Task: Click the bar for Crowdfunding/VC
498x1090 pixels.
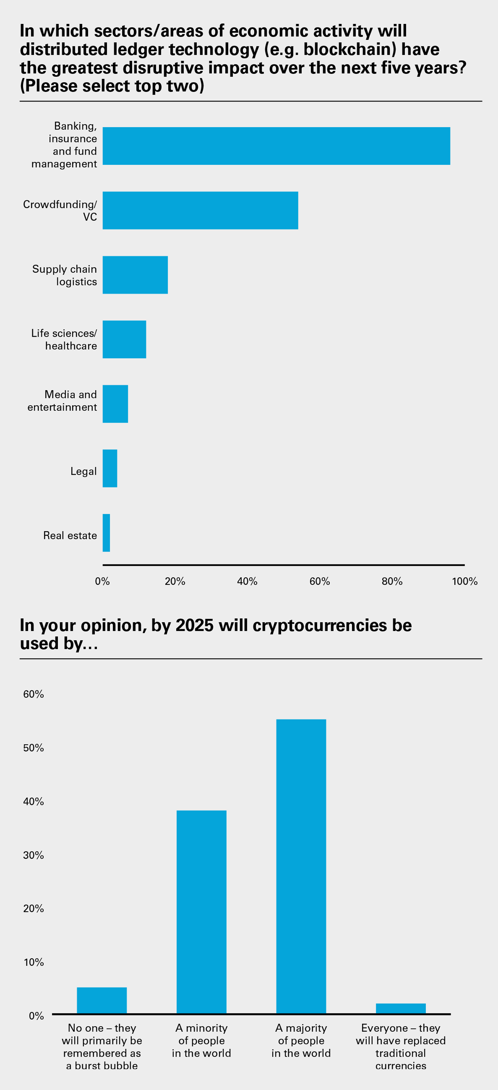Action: [200, 210]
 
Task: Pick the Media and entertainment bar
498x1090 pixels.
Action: [115, 404]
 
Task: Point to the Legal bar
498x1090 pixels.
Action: [110, 468]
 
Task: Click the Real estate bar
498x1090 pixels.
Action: [106, 533]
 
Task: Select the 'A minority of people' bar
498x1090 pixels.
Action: [201, 912]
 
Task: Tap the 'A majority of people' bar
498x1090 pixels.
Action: [301, 866]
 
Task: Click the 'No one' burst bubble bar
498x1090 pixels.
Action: [101, 1000]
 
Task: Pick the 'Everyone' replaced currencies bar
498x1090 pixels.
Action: [401, 1008]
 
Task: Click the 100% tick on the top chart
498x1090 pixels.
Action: [464, 581]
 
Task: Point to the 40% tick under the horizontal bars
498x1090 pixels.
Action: [247, 581]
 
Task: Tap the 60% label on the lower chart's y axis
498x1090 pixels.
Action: [33, 694]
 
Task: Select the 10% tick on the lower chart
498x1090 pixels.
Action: [33, 962]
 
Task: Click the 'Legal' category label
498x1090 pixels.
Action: [83, 471]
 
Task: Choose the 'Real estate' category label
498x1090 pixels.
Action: [70, 536]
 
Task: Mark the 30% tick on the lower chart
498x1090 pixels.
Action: [33, 855]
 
